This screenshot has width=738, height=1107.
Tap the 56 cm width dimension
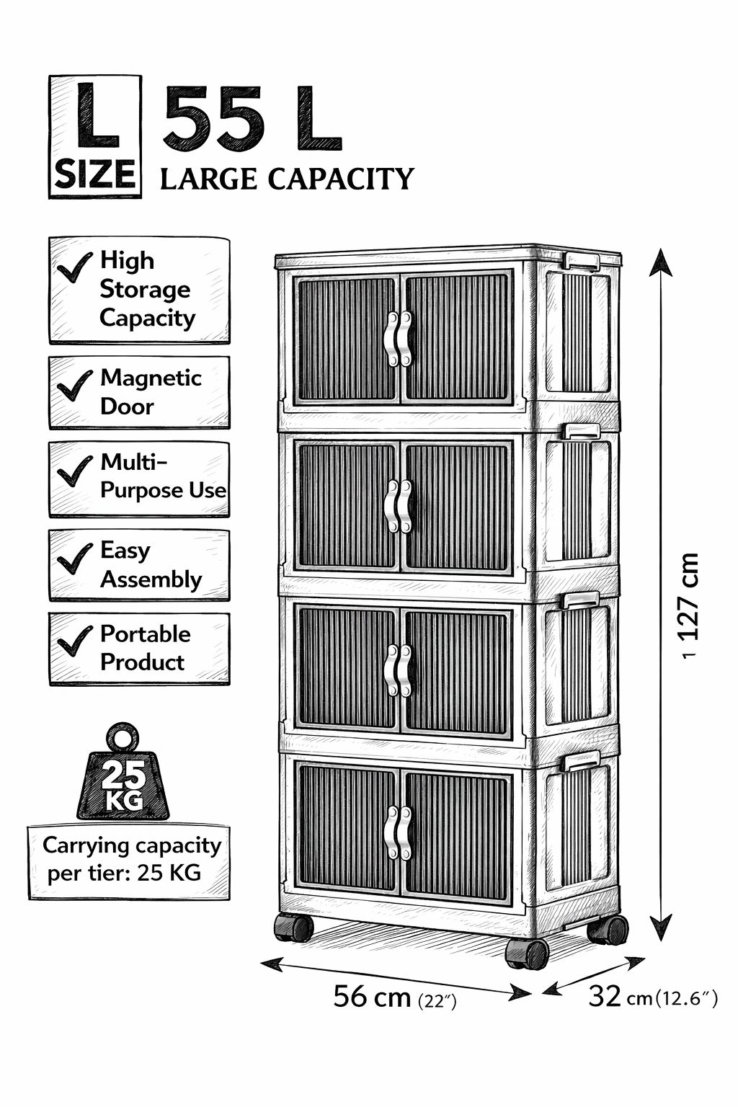(394, 997)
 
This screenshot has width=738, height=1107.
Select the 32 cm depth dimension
(652, 996)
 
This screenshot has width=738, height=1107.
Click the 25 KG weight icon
(123, 772)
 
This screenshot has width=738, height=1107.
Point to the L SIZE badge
(95, 137)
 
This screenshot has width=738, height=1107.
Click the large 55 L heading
(252, 118)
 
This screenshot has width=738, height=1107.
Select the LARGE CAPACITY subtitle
(287, 179)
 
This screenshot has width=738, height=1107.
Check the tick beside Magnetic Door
(75, 386)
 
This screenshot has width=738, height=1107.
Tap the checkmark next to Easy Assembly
(75, 559)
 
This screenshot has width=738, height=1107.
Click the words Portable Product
(146, 648)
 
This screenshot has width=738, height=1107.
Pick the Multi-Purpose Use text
(163, 476)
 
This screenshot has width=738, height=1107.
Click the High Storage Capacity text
(147, 290)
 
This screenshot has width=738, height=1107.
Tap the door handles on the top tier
(398, 339)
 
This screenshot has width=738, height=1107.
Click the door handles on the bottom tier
(398, 833)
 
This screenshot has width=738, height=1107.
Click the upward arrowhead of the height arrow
(661, 262)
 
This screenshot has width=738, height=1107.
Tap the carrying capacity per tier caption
(130, 859)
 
